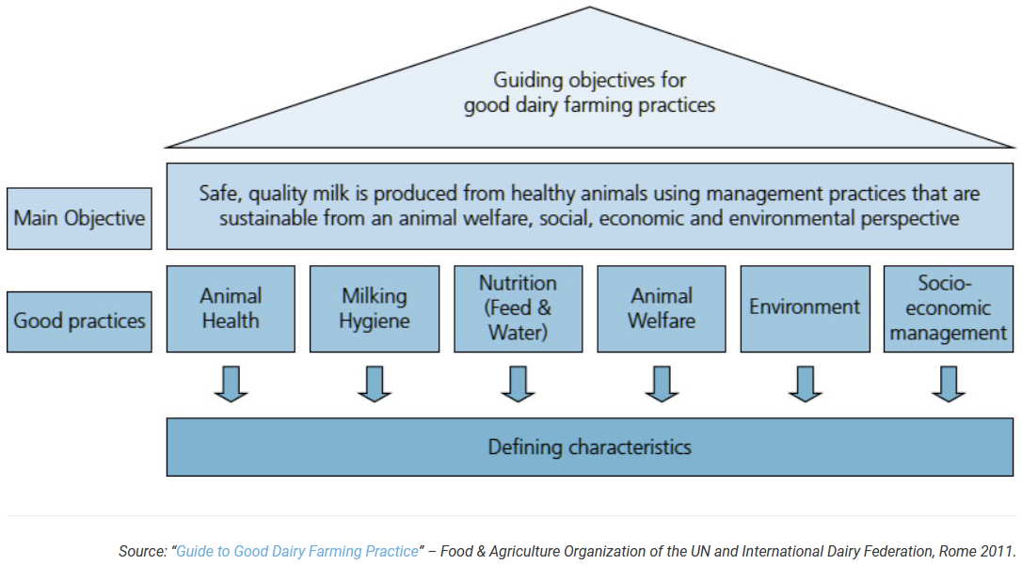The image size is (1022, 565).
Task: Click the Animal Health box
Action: [x=231, y=308]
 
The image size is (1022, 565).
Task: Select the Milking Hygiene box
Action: [x=375, y=308]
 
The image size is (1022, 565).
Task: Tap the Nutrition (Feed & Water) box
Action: [x=518, y=308]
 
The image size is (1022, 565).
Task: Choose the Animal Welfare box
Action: [x=662, y=308]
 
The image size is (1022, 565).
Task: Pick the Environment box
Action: [x=805, y=308]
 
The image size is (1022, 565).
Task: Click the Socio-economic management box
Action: [x=949, y=308]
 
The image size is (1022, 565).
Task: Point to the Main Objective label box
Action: [x=79, y=219]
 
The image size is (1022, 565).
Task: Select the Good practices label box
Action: [x=79, y=322]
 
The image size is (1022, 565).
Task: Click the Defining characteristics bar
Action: [x=590, y=447]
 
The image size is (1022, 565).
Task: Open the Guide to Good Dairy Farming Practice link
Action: [x=296, y=552]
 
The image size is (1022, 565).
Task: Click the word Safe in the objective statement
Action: [x=219, y=194]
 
